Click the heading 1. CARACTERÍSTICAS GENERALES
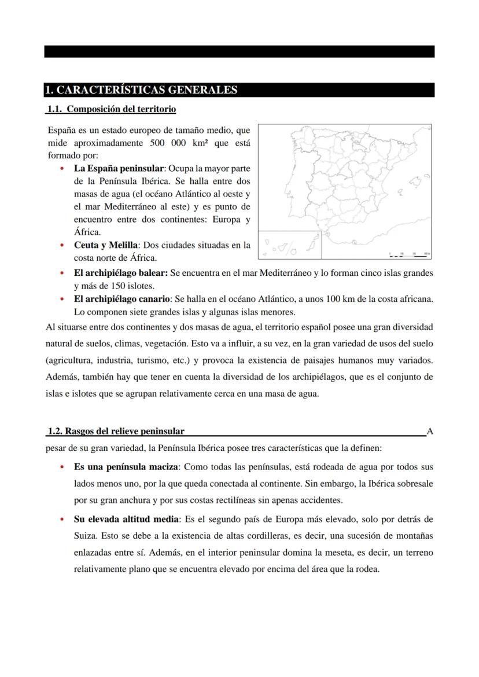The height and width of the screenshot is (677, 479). click(142, 90)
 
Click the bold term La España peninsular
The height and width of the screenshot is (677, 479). click(119, 169)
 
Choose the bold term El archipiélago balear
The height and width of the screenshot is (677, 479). click(120, 273)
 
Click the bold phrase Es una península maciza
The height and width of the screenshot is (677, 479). click(127, 467)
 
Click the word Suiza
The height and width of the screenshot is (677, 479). click(86, 535)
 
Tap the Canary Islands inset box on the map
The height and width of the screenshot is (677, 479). click(290, 245)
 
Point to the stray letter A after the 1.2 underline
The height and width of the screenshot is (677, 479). click(429, 431)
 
